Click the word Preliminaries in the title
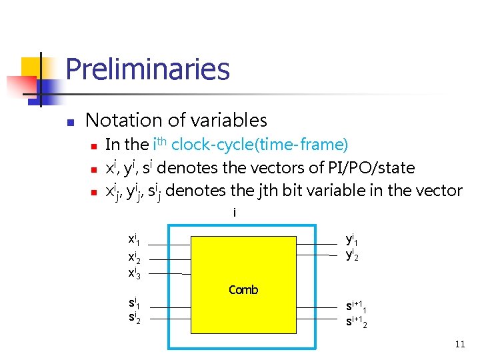[x=147, y=69]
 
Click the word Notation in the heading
[x=123, y=121]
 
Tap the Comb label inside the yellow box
[x=243, y=290]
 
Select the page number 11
[x=459, y=345]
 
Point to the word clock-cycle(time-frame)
[x=260, y=145]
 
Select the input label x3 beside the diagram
[x=134, y=273]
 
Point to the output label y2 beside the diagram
[x=352, y=254]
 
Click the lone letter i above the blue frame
[x=235, y=213]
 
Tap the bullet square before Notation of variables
[x=69, y=123]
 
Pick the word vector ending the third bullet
[x=437, y=191]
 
